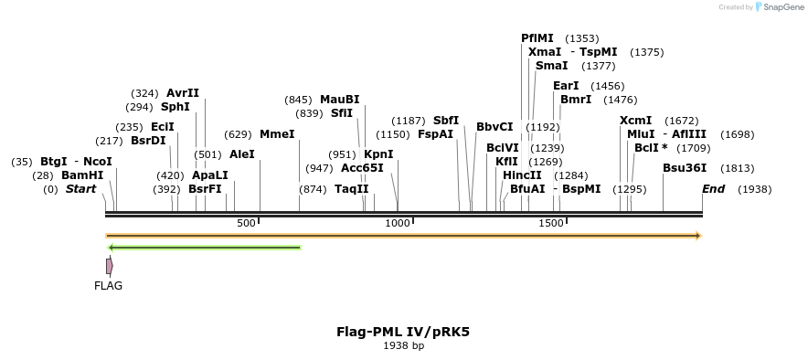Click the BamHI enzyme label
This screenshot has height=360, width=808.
click(82, 175)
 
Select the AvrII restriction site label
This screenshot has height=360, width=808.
click(183, 93)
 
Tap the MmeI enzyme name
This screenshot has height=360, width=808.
click(278, 134)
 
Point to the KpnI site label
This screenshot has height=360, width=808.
click(378, 154)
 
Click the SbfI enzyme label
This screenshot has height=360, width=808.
click(446, 121)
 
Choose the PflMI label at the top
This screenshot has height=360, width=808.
click(537, 38)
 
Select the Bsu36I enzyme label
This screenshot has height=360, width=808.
click(685, 168)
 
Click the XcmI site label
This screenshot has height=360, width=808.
click(636, 121)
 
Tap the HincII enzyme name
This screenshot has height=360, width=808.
click(522, 175)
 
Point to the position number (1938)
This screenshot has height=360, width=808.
click(754, 189)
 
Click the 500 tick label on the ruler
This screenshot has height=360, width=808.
click(246, 224)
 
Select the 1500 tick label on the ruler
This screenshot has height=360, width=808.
click(551, 224)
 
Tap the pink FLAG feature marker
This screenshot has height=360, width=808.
click(109, 266)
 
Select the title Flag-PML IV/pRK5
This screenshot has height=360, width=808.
click(403, 332)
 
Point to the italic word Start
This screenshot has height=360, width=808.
click(80, 189)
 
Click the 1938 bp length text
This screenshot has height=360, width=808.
click(403, 346)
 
